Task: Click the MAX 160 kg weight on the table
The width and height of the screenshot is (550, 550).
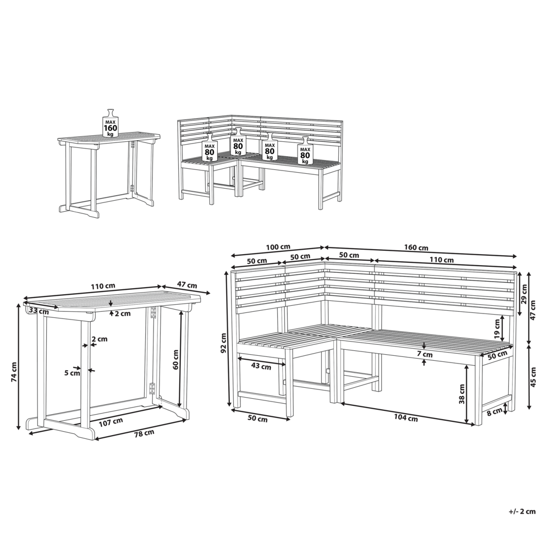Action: (x=111, y=124)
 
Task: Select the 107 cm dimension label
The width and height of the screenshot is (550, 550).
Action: (x=111, y=422)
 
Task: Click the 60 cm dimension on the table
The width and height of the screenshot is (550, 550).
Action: (x=175, y=360)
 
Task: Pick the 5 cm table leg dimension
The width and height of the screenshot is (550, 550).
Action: (x=72, y=372)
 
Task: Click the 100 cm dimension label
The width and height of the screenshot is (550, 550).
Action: (x=278, y=247)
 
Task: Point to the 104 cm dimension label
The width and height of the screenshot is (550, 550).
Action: (x=406, y=418)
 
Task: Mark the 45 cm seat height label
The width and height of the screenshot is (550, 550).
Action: (x=534, y=377)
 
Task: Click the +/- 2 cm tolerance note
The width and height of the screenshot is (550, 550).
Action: (x=522, y=511)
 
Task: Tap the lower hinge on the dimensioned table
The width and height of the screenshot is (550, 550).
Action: (x=152, y=389)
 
